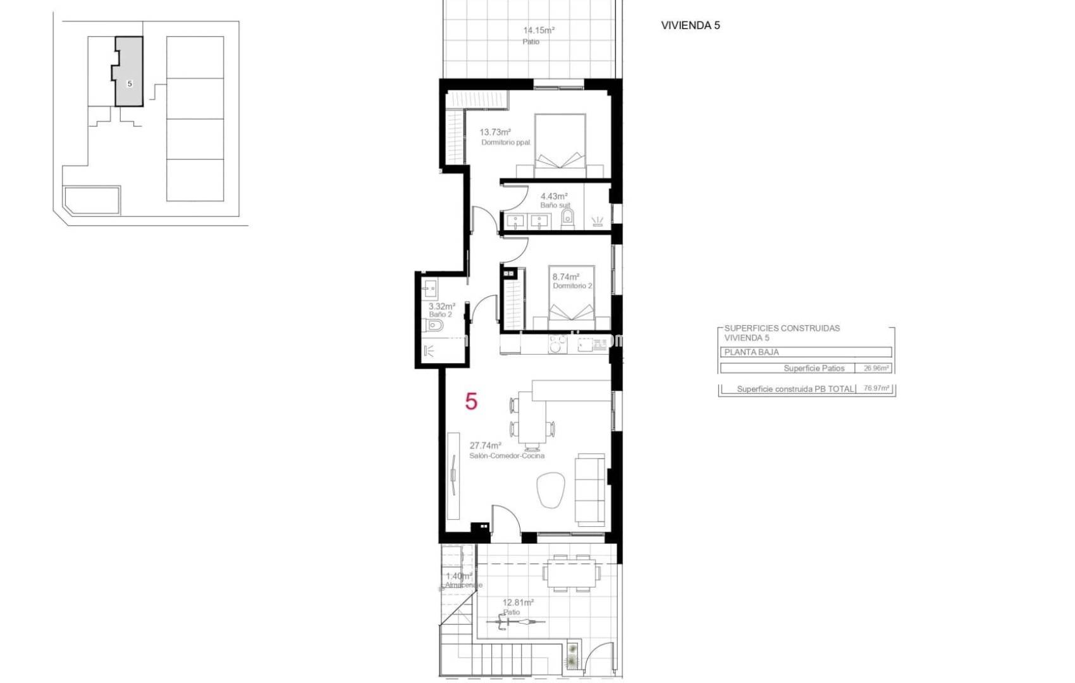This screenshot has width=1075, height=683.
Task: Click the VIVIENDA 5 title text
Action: [690, 26]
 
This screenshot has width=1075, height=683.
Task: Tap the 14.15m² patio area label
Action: [539, 30]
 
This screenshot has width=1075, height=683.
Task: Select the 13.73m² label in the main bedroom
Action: [494, 132]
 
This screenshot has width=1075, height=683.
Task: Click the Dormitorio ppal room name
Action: [505, 142]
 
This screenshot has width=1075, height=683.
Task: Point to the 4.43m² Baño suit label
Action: [554, 197]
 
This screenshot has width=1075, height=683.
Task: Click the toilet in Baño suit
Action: [567, 219]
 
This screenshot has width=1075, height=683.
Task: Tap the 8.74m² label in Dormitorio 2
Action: [565, 277]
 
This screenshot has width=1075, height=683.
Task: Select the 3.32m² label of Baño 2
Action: [441, 306]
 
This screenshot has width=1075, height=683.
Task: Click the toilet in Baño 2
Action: [436, 326]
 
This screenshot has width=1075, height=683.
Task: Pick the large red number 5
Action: [471, 402]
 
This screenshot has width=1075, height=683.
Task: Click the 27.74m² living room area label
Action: [486, 445]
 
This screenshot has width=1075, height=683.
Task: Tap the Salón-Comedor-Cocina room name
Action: [507, 455]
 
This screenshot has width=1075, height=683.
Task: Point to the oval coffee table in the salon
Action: [550, 489]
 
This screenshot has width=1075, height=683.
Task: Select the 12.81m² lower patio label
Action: [518, 603]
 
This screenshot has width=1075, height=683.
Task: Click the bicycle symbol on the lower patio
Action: [515, 622]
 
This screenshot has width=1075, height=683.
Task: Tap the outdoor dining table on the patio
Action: [572, 573]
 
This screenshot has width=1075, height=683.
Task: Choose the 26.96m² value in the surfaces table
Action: [876, 368]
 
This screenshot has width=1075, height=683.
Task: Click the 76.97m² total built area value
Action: [876, 389]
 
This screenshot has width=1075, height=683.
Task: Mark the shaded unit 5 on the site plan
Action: [129, 71]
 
